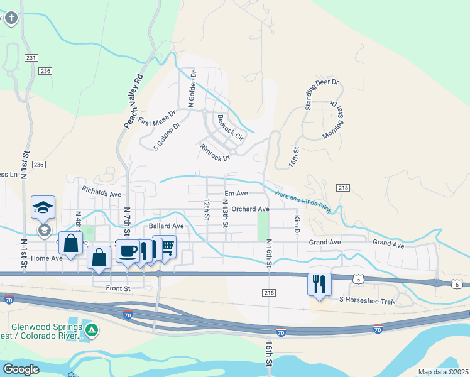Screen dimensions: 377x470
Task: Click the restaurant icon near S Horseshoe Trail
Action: tap(319, 283)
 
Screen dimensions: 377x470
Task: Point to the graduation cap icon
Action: tap(43, 207)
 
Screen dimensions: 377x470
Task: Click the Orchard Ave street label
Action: tap(250, 209)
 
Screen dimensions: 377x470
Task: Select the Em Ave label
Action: tap(236, 194)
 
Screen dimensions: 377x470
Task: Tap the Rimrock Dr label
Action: tap(215, 153)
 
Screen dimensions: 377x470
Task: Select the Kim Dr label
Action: tap(297, 226)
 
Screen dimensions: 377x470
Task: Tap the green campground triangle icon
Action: tap(92, 330)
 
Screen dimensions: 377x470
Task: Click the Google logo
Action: tap(21, 369)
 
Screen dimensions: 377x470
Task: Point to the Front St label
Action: tap(117, 288)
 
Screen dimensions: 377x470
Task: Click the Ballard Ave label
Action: tap(166, 226)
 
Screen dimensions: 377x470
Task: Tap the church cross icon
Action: tap(11, 18)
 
